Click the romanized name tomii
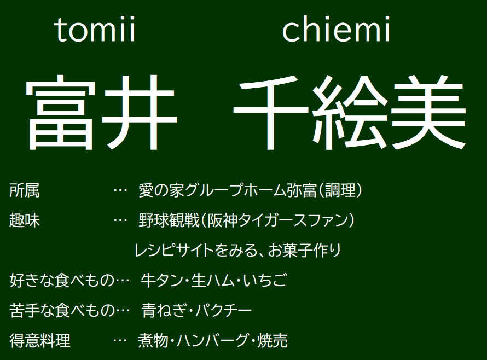tap(95, 30)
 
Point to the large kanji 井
tap(139, 113)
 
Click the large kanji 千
tap(270, 113)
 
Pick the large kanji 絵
tap(350, 113)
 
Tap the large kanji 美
tap(428, 113)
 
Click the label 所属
tap(25, 190)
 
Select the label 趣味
tap(25, 220)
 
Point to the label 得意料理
tap(40, 340)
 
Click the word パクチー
tap(223, 310)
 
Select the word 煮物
tap(153, 340)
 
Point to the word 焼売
tap(273, 340)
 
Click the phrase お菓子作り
tap(304, 251)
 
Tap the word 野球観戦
tap(169, 220)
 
